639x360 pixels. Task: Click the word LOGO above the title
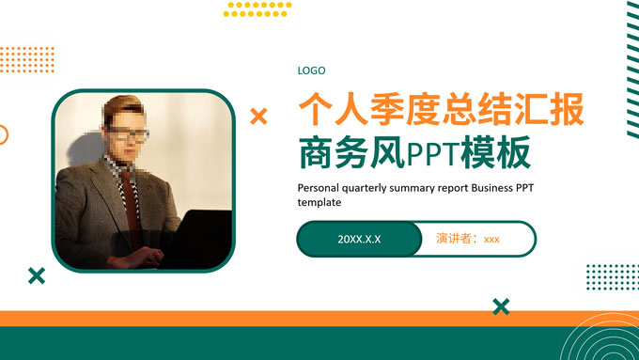(x=311, y=70)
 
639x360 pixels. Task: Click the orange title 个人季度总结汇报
(x=440, y=109)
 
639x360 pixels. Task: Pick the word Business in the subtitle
(x=492, y=187)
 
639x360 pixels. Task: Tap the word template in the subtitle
(x=319, y=202)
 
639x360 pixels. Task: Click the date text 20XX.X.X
(x=359, y=239)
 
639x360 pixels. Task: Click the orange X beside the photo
(x=258, y=117)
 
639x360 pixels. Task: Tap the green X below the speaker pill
(x=501, y=305)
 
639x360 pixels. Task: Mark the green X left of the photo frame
(x=37, y=275)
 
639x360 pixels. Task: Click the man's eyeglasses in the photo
(x=129, y=134)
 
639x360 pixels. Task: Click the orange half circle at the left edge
(x=3, y=134)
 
